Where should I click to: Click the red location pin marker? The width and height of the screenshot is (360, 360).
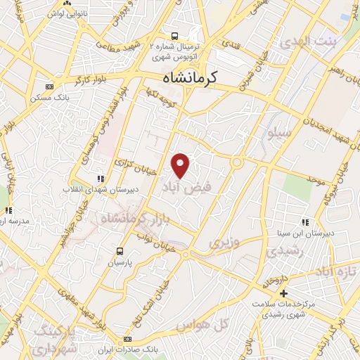click(x=181, y=166)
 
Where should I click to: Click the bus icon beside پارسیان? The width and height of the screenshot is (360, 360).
click(x=120, y=251)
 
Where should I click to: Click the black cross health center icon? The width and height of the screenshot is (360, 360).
click(x=284, y=293)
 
